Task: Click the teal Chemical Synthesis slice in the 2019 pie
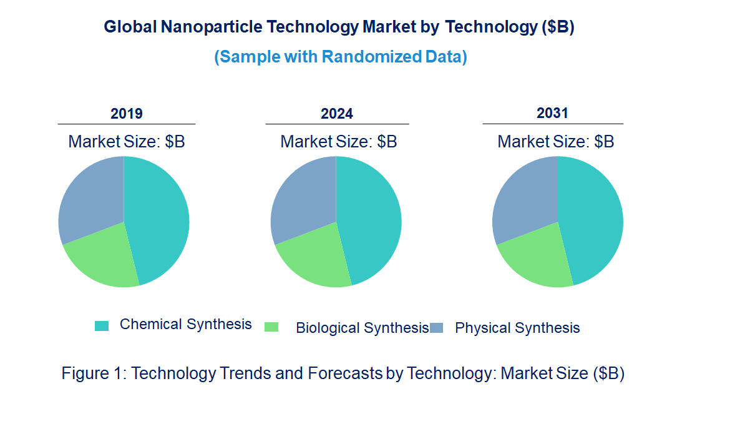click(159, 219)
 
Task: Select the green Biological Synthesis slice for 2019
click(103, 259)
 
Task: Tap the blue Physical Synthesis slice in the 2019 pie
click(90, 197)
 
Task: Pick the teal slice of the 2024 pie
click(371, 219)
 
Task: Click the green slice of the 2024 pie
click(315, 259)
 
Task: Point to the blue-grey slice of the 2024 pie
click(303, 197)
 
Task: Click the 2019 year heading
click(127, 114)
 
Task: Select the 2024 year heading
click(337, 114)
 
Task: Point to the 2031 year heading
click(553, 113)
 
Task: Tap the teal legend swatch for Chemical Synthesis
click(102, 325)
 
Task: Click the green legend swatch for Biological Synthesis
click(271, 327)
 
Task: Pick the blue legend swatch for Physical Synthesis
click(437, 328)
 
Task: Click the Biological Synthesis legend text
click(362, 328)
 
